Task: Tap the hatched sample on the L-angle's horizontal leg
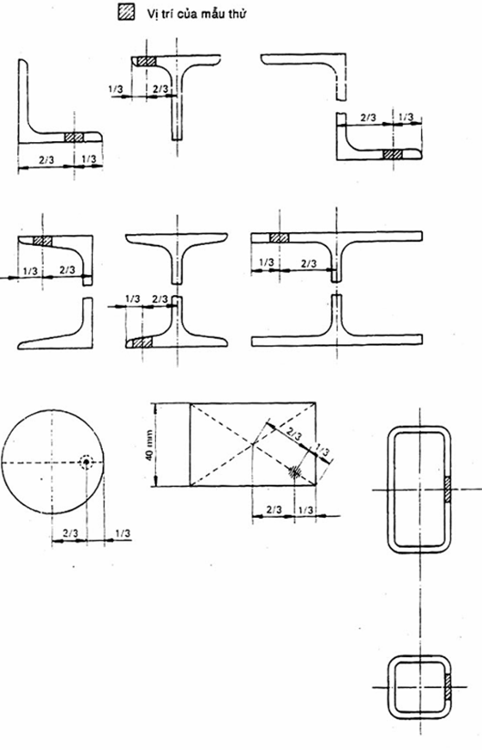74,137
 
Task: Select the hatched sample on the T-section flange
147,61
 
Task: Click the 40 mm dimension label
150,446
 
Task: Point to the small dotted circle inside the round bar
87,462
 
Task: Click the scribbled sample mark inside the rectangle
293,471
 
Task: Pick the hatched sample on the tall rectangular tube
447,490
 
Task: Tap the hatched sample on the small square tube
448,687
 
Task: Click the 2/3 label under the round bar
70,532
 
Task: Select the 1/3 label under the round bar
122,532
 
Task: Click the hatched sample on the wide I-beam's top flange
279,238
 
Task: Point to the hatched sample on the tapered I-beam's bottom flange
143,342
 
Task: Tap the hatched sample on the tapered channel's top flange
43,241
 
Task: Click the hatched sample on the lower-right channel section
393,155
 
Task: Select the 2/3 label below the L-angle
46,160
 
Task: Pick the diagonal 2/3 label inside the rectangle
295,436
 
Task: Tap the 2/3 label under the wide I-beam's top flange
309,264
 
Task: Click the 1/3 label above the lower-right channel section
405,117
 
